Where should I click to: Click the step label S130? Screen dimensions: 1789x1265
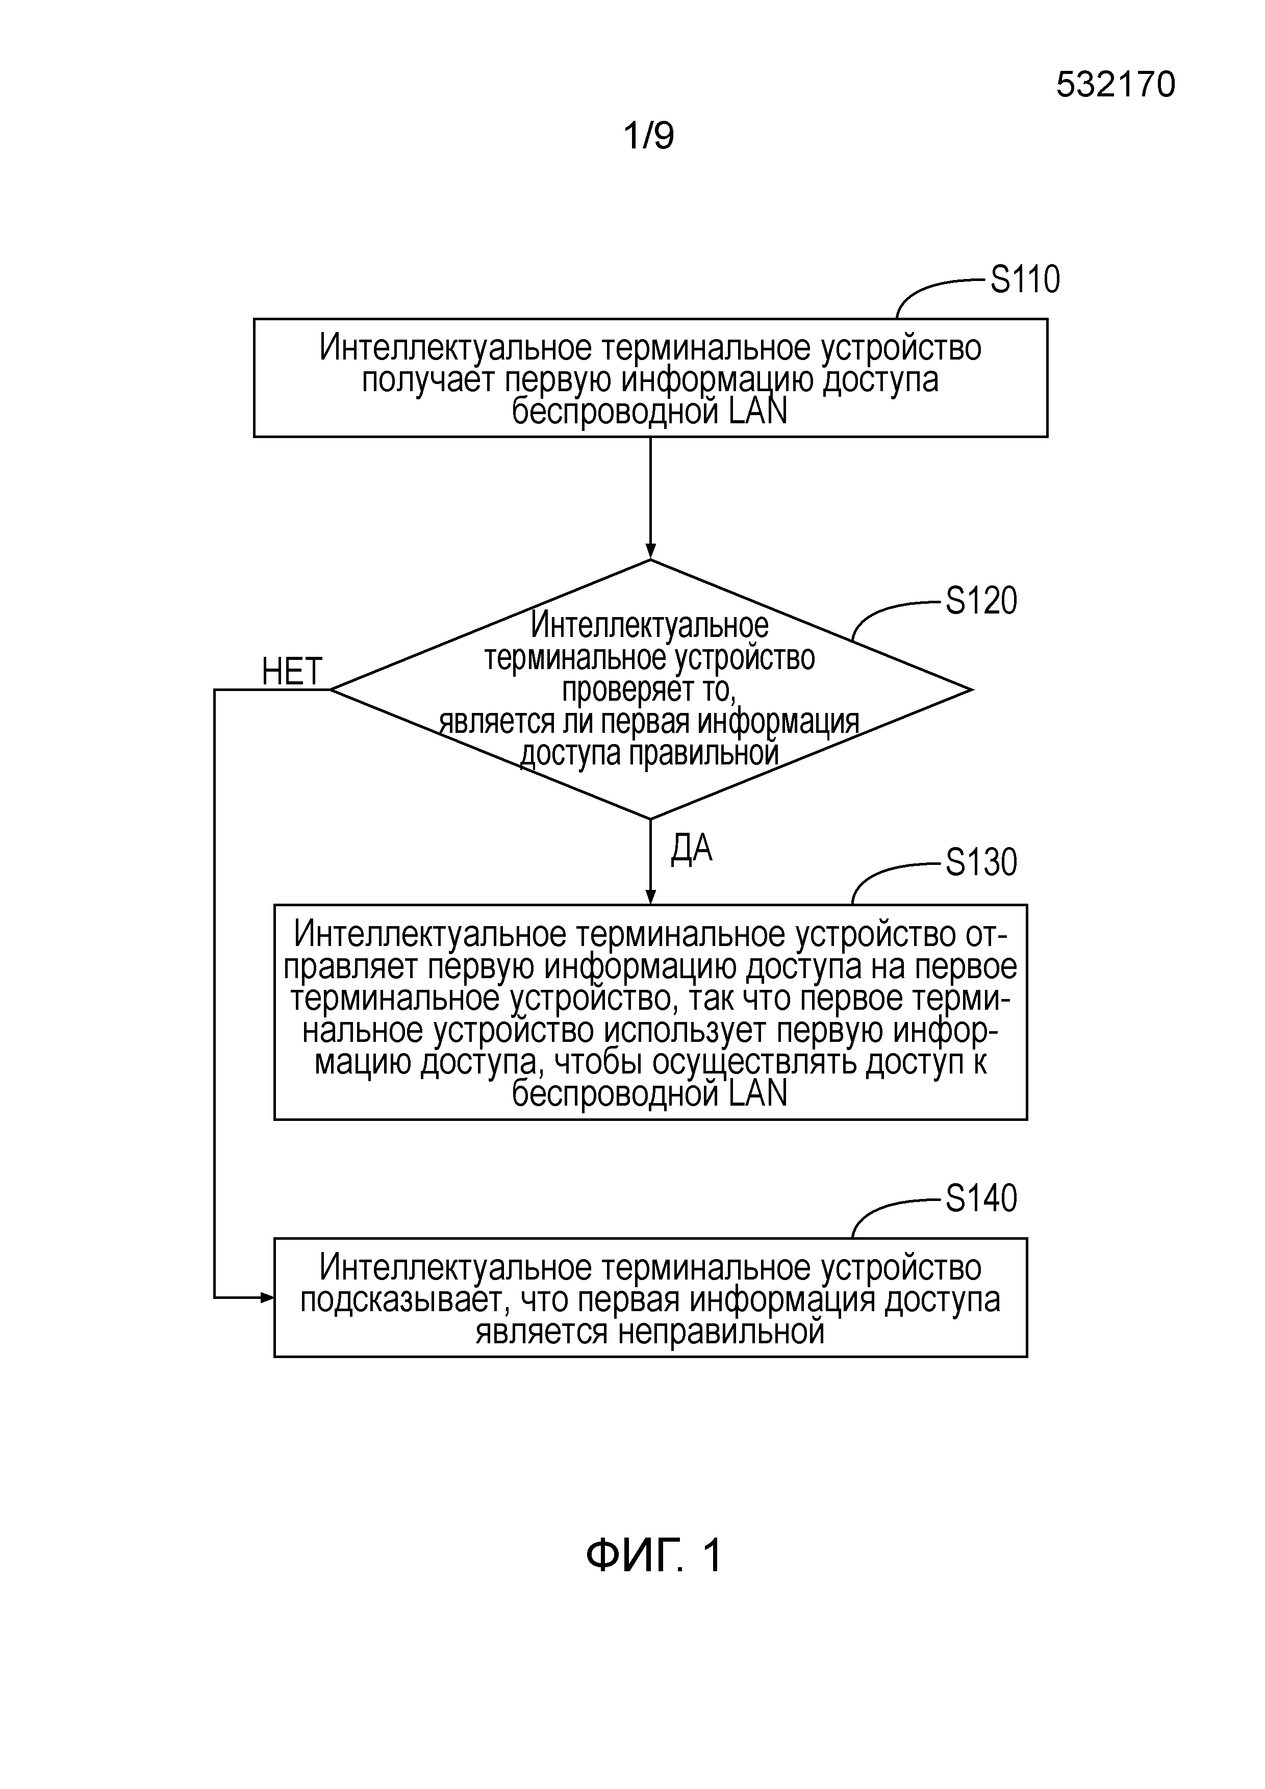980,862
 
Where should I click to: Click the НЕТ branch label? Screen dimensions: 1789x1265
291,672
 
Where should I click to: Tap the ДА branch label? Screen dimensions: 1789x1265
691,849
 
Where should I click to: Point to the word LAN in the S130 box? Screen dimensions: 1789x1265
757,1093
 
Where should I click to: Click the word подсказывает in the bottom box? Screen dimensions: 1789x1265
403,1299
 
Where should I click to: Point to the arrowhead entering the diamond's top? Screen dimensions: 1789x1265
650,552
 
